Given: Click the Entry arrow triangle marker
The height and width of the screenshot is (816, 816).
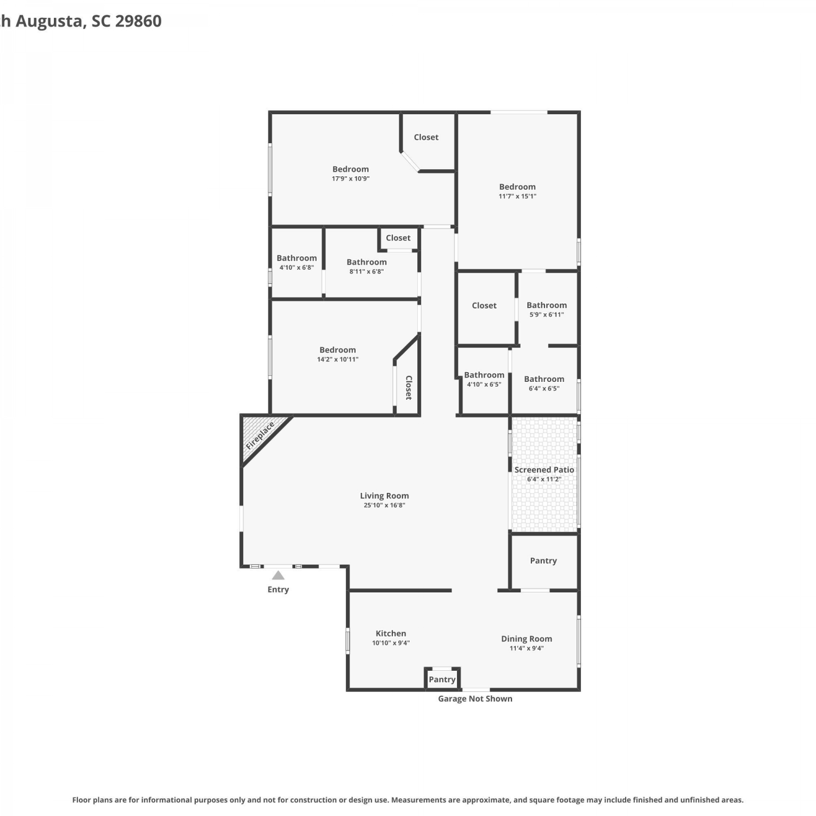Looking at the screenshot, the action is (x=278, y=575).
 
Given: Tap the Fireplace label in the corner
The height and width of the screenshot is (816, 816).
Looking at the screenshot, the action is (x=260, y=436).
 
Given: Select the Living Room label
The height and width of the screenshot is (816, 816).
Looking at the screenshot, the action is (x=384, y=496).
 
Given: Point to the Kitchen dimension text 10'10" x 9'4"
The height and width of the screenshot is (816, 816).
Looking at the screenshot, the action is (x=391, y=643).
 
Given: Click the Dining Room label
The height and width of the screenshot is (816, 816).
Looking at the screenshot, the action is (x=527, y=639).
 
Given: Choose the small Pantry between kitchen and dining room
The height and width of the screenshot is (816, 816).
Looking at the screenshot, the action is (x=442, y=679).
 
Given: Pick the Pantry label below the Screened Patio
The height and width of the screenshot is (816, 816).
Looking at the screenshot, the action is (x=543, y=561).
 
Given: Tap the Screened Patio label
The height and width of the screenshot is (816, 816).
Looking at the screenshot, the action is (x=544, y=469).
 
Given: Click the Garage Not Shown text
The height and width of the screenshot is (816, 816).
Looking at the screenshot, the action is (x=475, y=698).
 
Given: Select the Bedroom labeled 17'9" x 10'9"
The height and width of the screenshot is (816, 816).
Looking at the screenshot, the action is (x=350, y=169).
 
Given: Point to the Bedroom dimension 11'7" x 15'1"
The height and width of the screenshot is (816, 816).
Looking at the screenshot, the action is (x=517, y=196).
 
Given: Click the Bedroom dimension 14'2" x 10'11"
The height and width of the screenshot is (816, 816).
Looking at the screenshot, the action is (x=338, y=360).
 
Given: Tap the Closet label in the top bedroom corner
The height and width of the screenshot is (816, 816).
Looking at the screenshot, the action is (x=426, y=137).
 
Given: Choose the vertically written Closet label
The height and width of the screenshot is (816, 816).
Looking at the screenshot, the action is (x=409, y=387).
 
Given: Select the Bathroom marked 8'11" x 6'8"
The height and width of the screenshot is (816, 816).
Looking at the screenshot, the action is (x=367, y=262).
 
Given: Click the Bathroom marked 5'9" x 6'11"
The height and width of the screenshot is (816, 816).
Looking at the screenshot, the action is (x=547, y=305).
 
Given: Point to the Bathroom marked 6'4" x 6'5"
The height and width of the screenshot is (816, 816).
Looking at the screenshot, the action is (x=544, y=379).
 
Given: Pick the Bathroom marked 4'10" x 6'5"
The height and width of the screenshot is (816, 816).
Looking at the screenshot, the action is (x=484, y=375).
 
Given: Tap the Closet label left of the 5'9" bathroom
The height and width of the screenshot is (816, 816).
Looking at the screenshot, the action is (x=484, y=306).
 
